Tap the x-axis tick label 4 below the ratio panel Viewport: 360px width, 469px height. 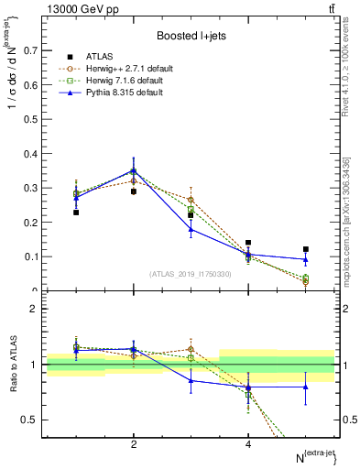pos(248,444)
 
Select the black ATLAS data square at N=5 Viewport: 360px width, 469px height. pos(306,249)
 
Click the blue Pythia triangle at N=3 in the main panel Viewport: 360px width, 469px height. pos(191,229)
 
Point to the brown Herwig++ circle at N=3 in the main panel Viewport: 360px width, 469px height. pos(191,200)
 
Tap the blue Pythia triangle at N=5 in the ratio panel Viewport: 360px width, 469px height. pos(306,387)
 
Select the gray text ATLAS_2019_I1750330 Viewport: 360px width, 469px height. pos(191,274)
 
